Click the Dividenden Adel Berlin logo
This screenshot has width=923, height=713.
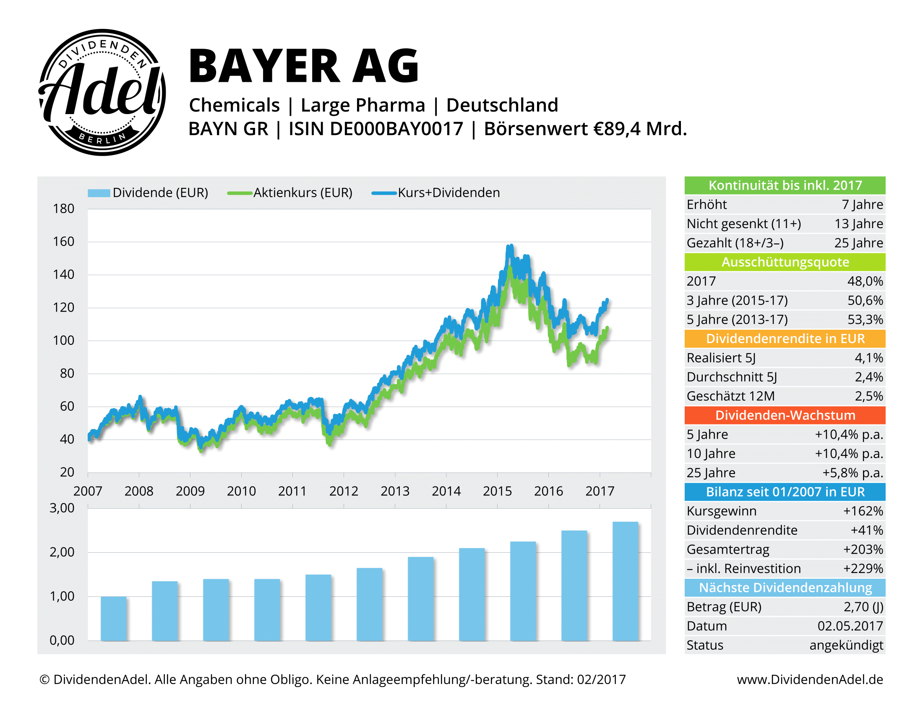(102, 92)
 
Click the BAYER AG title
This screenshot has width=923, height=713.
(303, 66)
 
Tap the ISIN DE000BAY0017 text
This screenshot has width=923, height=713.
(375, 129)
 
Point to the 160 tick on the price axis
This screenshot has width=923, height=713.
(63, 242)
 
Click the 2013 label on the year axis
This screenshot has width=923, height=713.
(395, 491)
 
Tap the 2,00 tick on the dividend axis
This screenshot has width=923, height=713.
(62, 552)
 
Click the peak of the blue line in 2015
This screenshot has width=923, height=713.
(511, 246)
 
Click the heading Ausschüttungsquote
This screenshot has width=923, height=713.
(785, 262)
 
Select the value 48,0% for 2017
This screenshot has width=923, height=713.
(865, 281)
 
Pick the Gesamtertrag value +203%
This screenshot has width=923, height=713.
(863, 549)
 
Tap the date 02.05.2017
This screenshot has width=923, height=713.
(850, 626)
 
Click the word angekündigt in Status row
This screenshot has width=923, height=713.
(846, 645)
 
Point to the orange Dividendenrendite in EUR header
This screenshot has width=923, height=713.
(785, 339)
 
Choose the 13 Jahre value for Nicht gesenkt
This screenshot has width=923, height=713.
(858, 224)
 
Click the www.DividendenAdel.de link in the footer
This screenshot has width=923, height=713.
(810, 679)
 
